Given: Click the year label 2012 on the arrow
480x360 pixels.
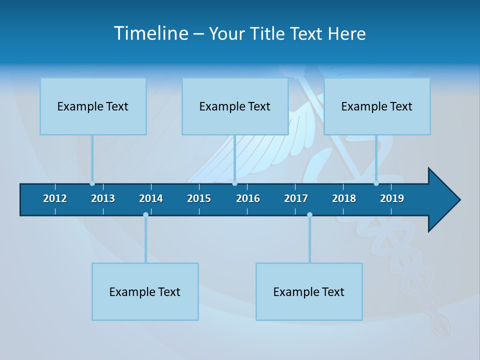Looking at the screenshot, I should tap(55, 198).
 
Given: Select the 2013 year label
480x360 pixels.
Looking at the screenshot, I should tap(103, 198).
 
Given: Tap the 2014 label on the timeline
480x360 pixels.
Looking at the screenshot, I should tap(151, 198).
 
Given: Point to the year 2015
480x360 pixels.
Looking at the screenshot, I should tap(199, 198).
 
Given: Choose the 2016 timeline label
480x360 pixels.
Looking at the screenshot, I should tap(248, 198).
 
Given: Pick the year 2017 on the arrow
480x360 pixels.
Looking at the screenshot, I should tap(296, 198).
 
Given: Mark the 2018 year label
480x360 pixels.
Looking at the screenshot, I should tap(344, 198).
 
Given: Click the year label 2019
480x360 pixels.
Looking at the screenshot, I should tap(392, 198).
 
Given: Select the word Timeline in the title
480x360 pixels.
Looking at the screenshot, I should tap(150, 33).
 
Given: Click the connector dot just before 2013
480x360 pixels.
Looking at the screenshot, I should tap(92, 183).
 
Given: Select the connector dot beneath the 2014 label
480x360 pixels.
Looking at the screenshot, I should tap(145, 214).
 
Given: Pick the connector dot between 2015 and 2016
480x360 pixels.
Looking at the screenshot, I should tap(234, 183).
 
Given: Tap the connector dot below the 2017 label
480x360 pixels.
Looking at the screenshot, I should tap(309, 214).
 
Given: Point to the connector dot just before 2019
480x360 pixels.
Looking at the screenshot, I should tap(376, 183).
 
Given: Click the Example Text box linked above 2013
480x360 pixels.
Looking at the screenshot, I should tap(93, 106).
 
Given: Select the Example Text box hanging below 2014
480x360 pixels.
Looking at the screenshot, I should tap(145, 291).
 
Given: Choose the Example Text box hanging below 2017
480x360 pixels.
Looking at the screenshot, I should tap(309, 291).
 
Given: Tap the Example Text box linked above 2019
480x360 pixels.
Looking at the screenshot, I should tap(377, 106).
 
